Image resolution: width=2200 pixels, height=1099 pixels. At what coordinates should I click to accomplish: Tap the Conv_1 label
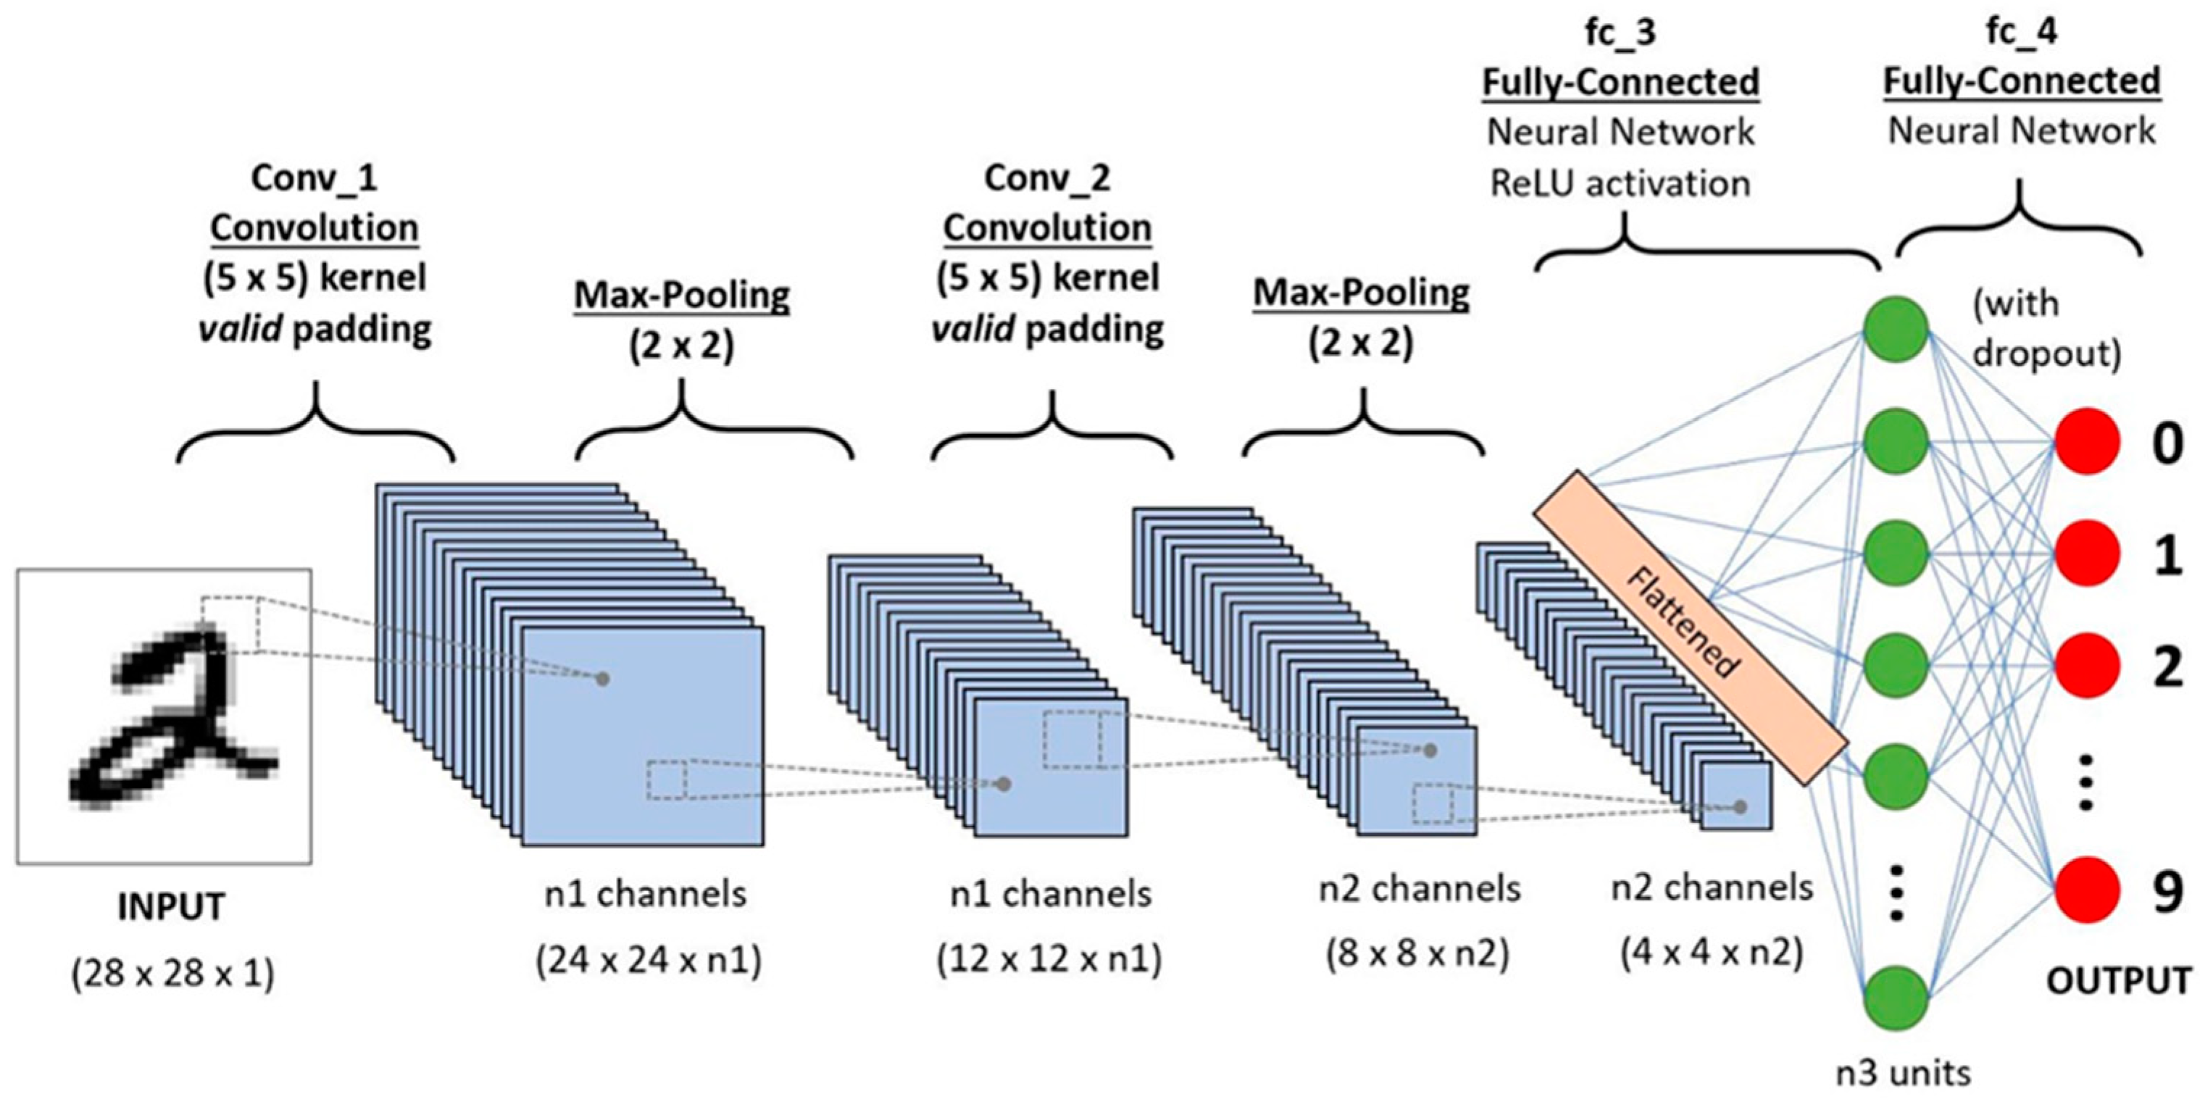point(314,177)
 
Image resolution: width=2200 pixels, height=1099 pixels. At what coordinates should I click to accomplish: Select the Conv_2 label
point(1047,177)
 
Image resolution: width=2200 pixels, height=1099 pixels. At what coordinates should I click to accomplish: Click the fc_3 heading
point(1620,32)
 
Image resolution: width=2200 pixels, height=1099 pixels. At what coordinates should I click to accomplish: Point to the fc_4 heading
point(2022,32)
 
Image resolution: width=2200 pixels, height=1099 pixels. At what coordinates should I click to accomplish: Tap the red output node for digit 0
point(2086,443)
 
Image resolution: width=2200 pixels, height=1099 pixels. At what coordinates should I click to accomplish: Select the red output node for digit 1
point(2086,553)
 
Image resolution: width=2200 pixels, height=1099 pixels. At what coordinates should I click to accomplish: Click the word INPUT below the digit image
point(172,907)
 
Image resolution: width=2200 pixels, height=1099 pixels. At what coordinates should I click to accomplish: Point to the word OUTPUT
point(2119,980)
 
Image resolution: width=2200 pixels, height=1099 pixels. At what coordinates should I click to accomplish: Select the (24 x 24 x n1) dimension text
point(649,961)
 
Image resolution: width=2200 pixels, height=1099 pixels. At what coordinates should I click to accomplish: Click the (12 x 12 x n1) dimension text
point(1049,960)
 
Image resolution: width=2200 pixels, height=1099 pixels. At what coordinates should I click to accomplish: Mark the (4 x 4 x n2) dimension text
point(1712,952)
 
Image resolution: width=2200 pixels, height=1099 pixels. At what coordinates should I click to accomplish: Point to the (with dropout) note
point(2046,329)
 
